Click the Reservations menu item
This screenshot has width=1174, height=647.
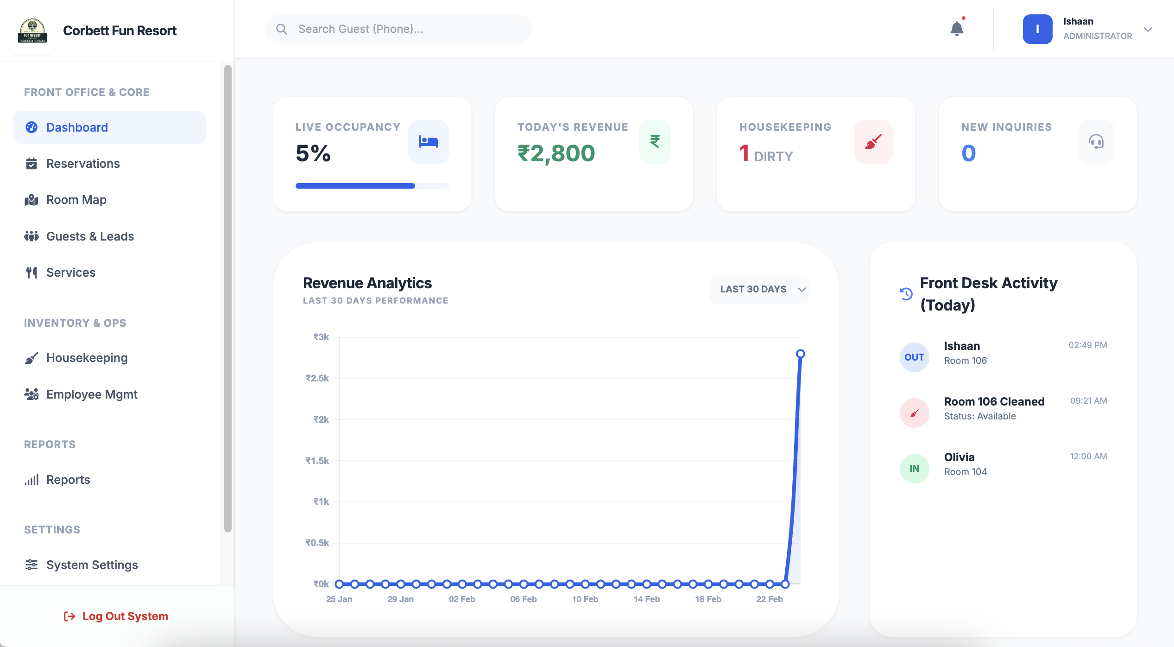(82, 164)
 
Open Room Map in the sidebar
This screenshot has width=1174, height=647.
(76, 200)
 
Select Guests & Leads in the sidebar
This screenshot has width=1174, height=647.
(90, 236)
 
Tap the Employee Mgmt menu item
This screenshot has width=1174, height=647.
(92, 394)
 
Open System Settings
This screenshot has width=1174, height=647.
(92, 565)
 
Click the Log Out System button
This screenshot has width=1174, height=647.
(116, 616)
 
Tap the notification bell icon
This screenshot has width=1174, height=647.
(956, 29)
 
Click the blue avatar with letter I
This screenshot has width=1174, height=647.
(1037, 29)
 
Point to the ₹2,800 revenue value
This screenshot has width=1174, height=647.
(556, 153)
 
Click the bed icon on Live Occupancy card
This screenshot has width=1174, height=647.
(428, 141)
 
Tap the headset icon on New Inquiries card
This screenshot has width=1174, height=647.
(1096, 141)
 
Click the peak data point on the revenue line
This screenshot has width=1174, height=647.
(800, 354)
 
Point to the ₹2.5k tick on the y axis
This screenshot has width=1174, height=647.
(317, 378)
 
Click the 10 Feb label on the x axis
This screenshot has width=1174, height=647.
(585, 599)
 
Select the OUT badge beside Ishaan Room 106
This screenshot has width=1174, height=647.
(914, 357)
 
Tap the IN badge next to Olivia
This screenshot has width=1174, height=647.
(914, 469)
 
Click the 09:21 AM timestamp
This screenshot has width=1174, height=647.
(1088, 401)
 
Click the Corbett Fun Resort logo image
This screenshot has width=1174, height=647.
(32, 31)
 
